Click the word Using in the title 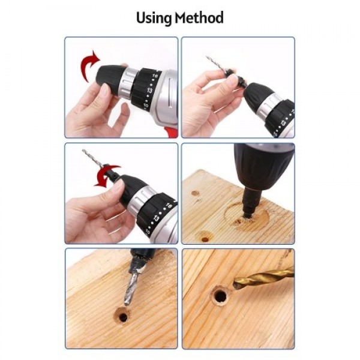point(154,17)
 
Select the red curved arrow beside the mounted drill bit point(106,175)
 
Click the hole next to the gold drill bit point(220,296)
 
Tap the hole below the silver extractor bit point(123,316)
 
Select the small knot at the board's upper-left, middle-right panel point(195,193)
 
